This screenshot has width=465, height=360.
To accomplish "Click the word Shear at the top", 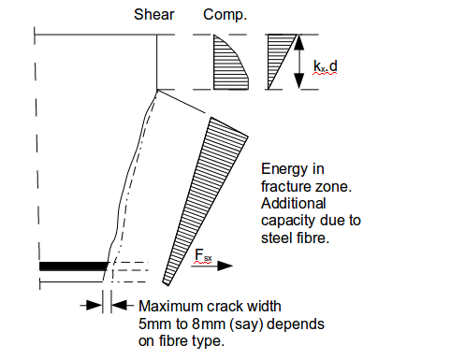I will point(154,16).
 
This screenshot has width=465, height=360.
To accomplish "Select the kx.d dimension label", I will point(324,65).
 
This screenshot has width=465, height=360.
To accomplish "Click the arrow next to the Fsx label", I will point(220,266).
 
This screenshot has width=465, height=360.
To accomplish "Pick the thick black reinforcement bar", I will point(71,267).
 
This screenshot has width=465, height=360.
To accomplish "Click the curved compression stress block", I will point(227,62).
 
